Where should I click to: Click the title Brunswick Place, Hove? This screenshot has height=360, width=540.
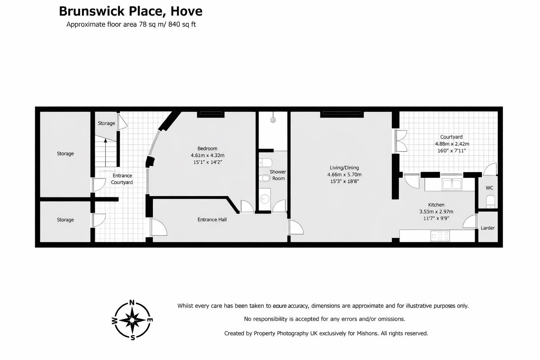click(130, 11)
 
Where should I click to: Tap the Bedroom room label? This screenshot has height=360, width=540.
click(207, 149)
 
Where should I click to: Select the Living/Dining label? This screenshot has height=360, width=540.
click(344, 168)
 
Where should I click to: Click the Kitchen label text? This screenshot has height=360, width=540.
click(436, 205)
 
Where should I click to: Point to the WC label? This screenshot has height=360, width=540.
click(489, 188)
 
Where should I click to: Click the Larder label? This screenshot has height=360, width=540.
click(488, 228)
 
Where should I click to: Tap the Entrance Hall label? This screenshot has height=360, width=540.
click(212, 219)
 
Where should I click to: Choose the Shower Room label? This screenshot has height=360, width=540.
click(278, 175)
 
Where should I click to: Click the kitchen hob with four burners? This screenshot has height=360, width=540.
click(440, 236)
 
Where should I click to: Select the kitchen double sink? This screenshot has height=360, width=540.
click(452, 184)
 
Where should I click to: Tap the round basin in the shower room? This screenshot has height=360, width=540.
click(264, 199)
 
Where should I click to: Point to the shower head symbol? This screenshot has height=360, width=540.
click(273, 120)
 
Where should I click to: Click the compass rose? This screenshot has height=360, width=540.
click(132, 320)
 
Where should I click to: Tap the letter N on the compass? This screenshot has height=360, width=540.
click(132, 303)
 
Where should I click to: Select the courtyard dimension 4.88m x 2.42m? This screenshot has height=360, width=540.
click(452, 144)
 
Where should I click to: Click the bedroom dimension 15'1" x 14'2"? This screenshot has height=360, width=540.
click(207, 162)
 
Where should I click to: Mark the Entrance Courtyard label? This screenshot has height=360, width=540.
click(122, 179)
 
